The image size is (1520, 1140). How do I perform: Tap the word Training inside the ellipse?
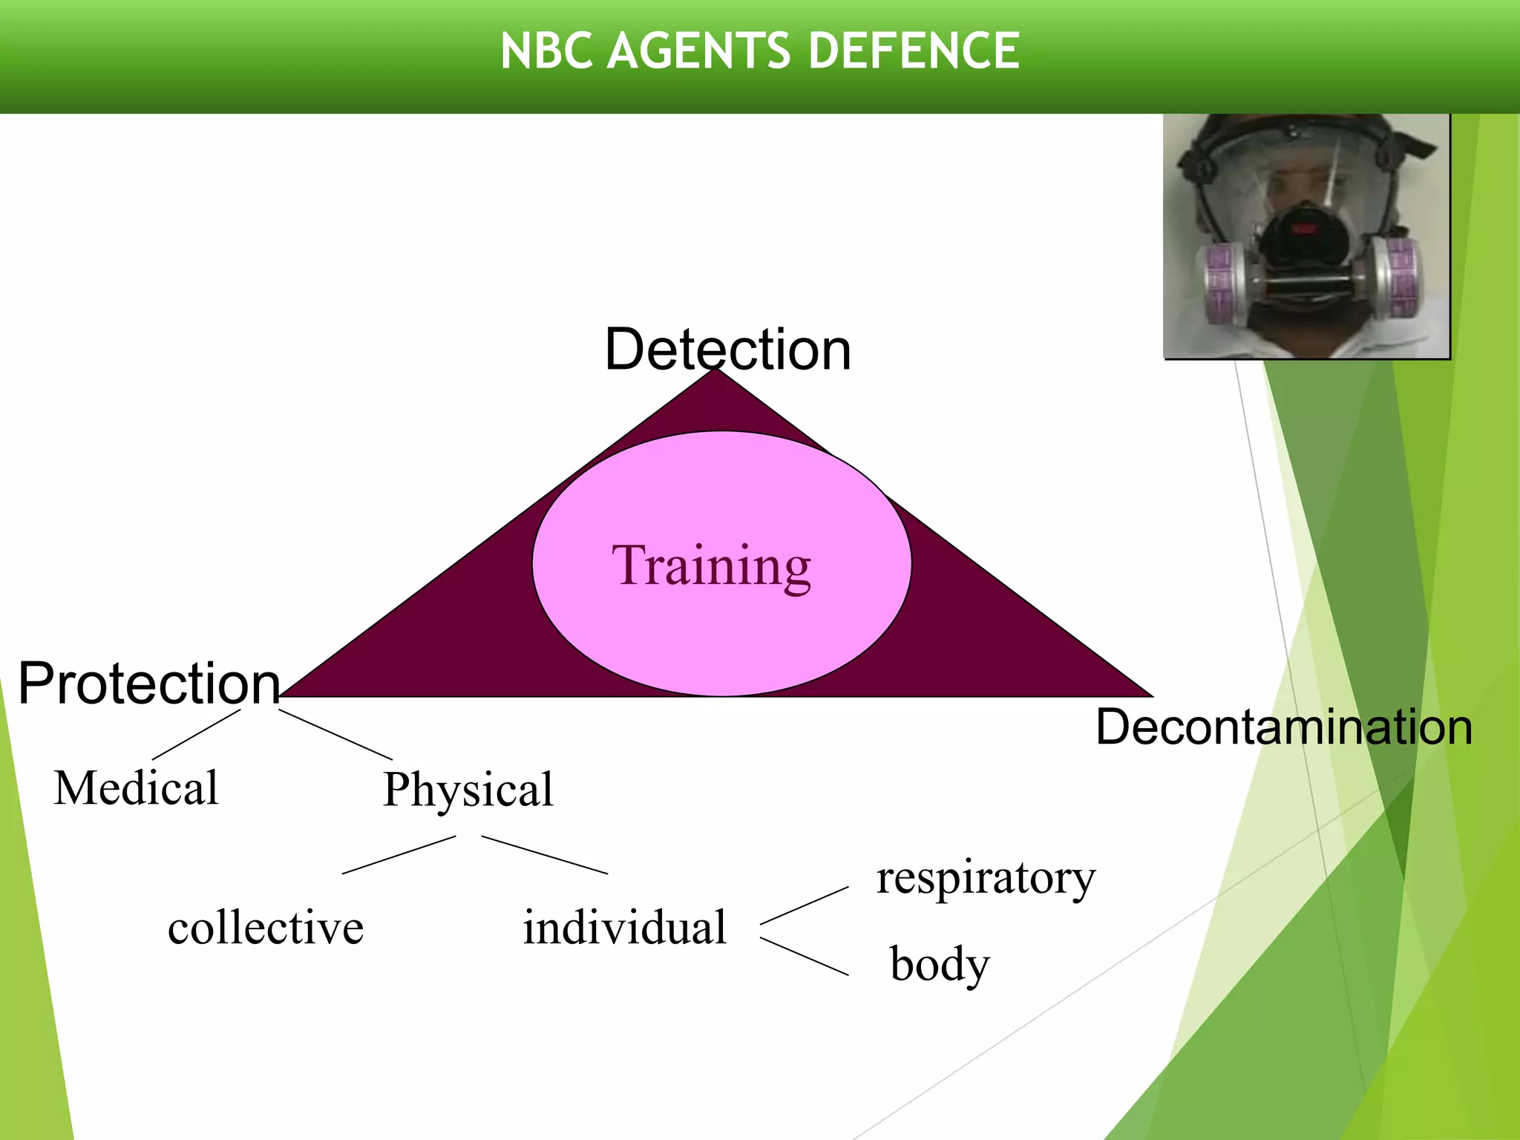(x=711, y=566)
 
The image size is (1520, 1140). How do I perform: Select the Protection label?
(x=148, y=683)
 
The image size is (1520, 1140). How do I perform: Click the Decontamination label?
(x=1284, y=727)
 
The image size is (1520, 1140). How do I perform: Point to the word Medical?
(x=137, y=787)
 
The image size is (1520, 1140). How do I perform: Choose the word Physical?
(x=468, y=789)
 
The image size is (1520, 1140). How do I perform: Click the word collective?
(x=266, y=928)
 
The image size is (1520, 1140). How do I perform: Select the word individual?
(x=624, y=928)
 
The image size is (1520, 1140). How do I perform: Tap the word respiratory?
(x=986, y=879)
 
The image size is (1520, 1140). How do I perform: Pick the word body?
(x=940, y=965)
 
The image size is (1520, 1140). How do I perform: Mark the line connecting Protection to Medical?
(x=197, y=735)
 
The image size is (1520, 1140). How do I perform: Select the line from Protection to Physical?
(x=335, y=735)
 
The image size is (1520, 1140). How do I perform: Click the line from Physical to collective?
(x=399, y=855)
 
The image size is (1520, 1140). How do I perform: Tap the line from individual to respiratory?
(x=805, y=905)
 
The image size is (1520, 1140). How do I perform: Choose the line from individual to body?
(x=805, y=957)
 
